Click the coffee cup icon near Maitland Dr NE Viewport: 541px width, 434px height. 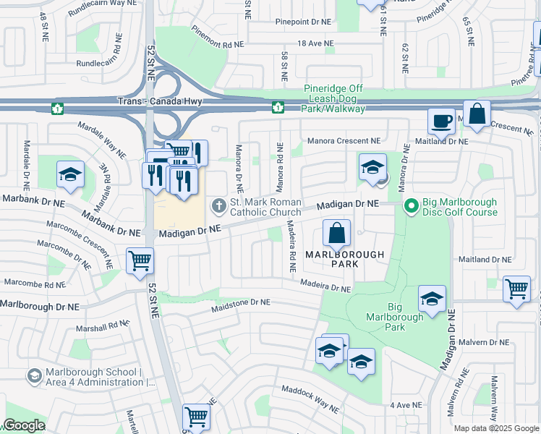tap(440, 121)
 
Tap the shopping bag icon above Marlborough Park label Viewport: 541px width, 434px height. tap(336, 234)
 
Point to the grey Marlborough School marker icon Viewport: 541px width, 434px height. tap(34, 376)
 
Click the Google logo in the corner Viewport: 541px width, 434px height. tap(23, 425)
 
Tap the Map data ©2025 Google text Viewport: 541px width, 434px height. tap(495, 428)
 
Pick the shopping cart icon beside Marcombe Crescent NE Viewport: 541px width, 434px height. tap(139, 260)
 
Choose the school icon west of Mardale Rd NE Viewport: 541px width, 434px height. tap(70, 174)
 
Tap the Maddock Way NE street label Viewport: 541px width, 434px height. tap(310, 399)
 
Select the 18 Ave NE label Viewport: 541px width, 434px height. tap(315, 43)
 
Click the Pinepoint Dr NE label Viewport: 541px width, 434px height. tap(302, 22)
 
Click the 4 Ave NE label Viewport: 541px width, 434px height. tap(405, 406)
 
